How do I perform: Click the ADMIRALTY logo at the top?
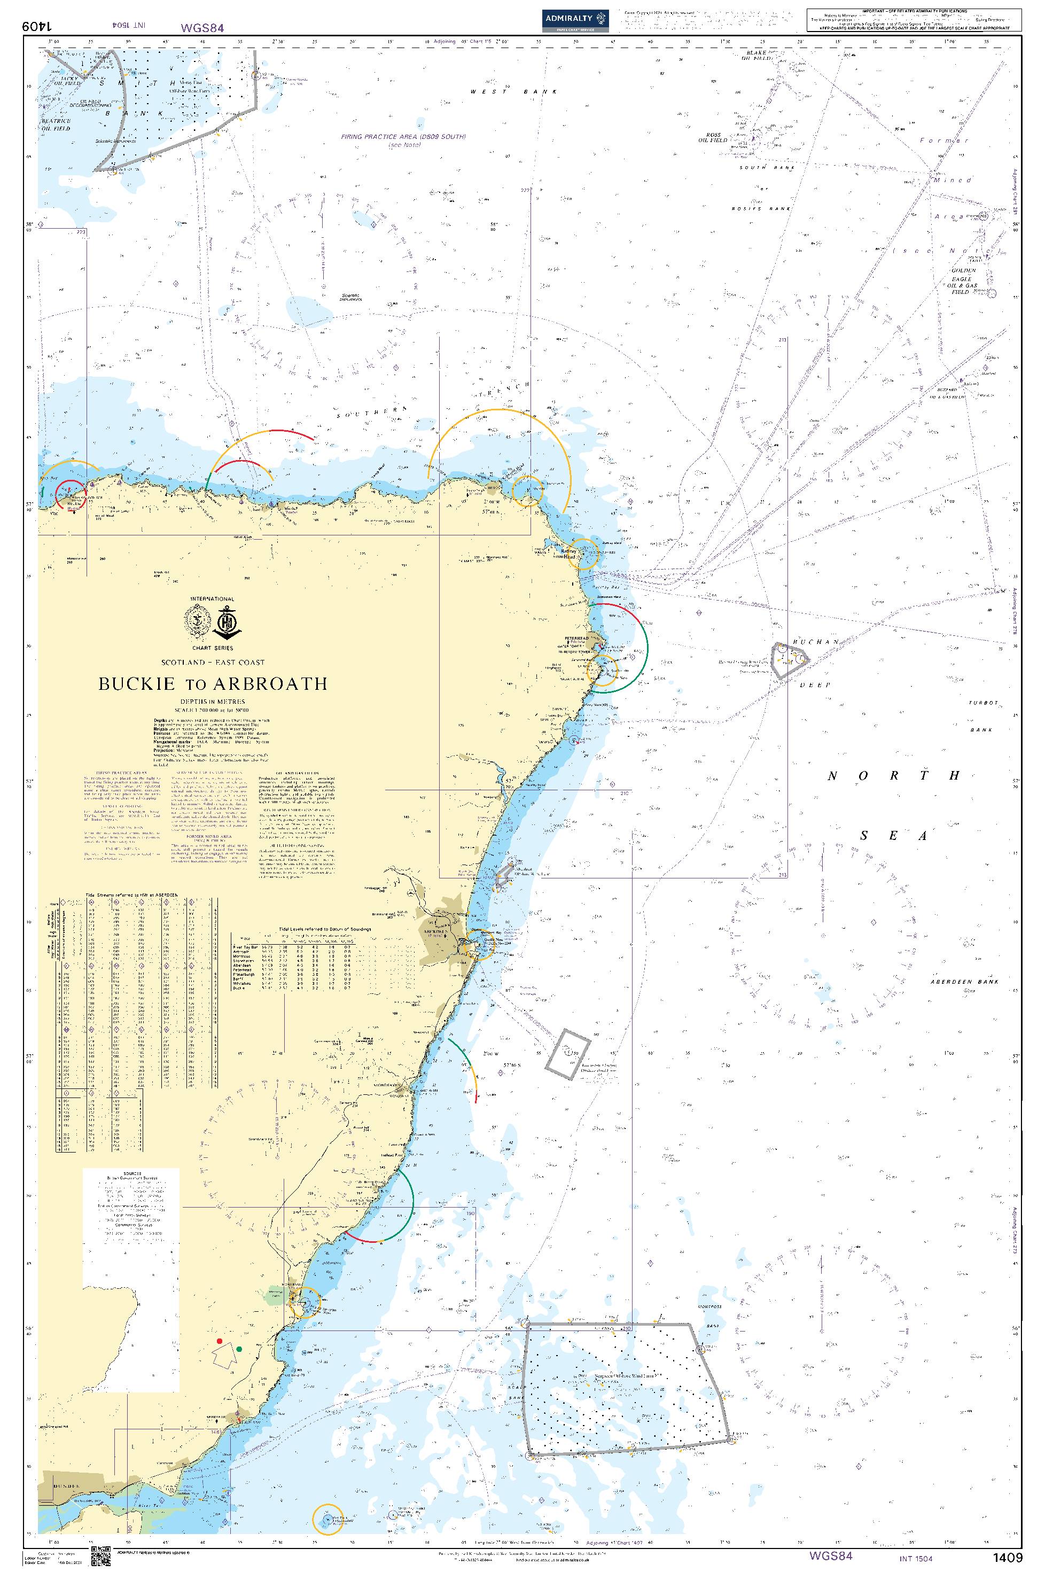point(574,19)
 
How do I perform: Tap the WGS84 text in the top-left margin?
point(202,28)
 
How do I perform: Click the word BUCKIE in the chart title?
point(137,684)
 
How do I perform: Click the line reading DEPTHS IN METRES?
point(213,702)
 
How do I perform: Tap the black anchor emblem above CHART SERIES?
point(227,623)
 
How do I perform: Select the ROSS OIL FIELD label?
point(713,138)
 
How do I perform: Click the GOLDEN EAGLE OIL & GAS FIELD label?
point(963,281)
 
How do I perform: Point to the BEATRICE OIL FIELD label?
point(56,124)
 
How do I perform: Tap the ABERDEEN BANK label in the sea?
point(964,982)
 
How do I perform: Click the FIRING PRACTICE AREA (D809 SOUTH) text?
point(403,137)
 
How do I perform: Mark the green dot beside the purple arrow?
point(239,1349)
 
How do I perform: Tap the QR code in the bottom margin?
point(100,1556)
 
